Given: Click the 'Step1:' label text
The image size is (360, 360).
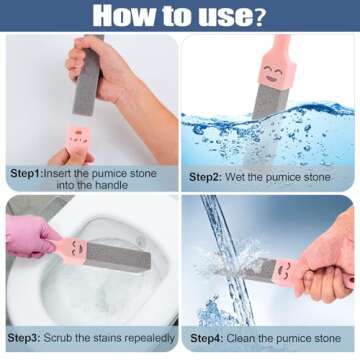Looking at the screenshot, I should (x=28, y=173).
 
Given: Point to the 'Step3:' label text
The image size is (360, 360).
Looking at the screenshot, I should (x=27, y=338).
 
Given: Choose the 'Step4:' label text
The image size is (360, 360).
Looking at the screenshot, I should (x=208, y=338).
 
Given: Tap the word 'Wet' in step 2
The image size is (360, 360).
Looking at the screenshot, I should (x=243, y=177).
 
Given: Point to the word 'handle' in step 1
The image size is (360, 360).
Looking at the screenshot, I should (x=123, y=186).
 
